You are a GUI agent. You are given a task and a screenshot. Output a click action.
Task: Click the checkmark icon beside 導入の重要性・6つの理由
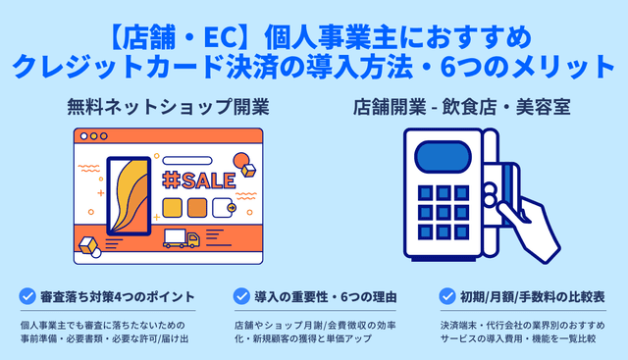241,295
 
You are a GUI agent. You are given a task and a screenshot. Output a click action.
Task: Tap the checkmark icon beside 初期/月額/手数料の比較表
448,295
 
